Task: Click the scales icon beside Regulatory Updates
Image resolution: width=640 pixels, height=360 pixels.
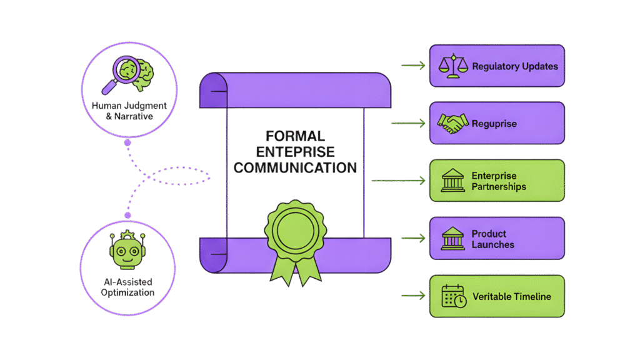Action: [x=452, y=66]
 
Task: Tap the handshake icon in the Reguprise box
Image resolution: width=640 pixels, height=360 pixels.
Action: [x=452, y=123]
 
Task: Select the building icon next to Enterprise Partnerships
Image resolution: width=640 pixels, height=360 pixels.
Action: [x=452, y=181]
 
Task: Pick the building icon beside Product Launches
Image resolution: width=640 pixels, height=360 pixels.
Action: [x=452, y=238]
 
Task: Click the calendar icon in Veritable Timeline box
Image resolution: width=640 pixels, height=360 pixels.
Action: [x=453, y=296]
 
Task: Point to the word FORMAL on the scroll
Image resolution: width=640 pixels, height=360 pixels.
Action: [x=295, y=136]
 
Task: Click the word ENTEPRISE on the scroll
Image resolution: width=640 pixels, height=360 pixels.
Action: [x=295, y=152]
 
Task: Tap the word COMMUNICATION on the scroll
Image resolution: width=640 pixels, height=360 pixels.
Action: [x=295, y=167]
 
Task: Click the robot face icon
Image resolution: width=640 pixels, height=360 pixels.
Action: [x=127, y=249]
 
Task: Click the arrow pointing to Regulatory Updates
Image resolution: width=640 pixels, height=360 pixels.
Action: [x=412, y=66]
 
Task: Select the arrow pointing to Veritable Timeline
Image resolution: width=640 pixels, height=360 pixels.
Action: [x=412, y=296]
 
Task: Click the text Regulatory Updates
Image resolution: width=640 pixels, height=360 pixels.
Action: [x=515, y=66]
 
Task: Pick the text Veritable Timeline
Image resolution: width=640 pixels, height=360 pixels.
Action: [x=512, y=296]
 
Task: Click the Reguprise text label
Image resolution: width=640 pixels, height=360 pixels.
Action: [x=494, y=124]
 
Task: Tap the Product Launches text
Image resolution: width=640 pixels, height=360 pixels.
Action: [x=492, y=239]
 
